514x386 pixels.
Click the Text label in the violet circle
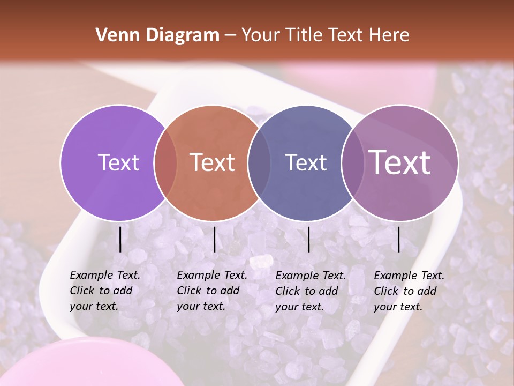click(x=118, y=162)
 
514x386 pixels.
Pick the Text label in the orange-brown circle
click(x=213, y=162)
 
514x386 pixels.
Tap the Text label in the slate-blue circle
click(x=306, y=162)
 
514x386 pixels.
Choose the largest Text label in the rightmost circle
click(x=400, y=162)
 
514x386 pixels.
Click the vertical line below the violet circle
click(x=120, y=239)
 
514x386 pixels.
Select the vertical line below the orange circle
click(x=214, y=239)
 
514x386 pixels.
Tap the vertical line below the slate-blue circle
click(x=308, y=239)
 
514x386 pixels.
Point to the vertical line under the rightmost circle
click(x=399, y=239)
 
